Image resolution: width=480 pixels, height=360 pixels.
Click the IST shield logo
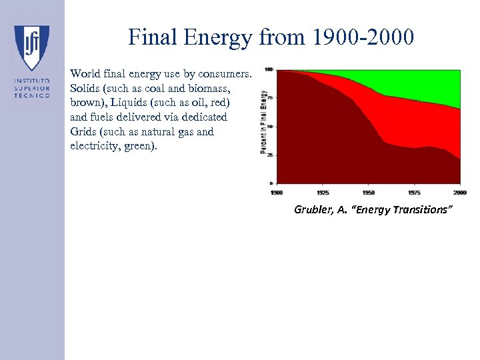31,48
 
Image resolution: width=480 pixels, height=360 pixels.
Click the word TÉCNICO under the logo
31,95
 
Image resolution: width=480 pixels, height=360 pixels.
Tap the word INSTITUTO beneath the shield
31,81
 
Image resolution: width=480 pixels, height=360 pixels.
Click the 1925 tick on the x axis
323,192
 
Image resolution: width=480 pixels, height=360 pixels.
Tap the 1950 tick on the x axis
369,192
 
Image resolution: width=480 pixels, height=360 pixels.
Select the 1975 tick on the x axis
414,192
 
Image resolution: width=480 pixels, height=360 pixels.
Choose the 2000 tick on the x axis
458,192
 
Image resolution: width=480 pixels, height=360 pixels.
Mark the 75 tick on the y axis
269,97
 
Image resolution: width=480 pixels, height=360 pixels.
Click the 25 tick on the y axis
269,155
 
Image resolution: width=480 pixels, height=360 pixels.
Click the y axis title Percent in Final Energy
263,123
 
